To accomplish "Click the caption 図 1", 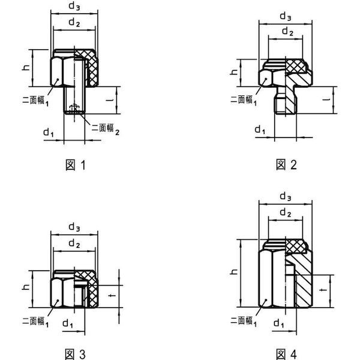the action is pyautogui.click(x=76, y=166).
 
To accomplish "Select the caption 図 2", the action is pyautogui.click(x=286, y=165).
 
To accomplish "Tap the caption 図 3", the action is pyautogui.click(x=76, y=354).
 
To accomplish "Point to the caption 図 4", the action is pyautogui.click(x=286, y=354).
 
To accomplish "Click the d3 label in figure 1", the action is pyautogui.click(x=74, y=6).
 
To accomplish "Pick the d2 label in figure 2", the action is pyautogui.click(x=287, y=31).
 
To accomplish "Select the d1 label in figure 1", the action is pyautogui.click(x=49, y=133).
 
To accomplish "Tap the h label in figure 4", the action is pyautogui.click(x=234, y=272).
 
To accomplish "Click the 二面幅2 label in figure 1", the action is pyautogui.click(x=106, y=129).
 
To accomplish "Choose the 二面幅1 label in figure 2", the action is pyautogui.click(x=244, y=100).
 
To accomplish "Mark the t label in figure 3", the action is pyautogui.click(x=112, y=295).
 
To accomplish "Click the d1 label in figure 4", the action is pyautogui.click(x=279, y=324).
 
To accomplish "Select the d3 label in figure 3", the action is pyautogui.click(x=74, y=227).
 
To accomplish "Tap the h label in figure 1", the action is pyautogui.click(x=26, y=67).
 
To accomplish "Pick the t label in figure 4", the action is pyautogui.click(x=323, y=290).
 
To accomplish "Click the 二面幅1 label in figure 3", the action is pyautogui.click(x=35, y=322).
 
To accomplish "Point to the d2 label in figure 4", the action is pyautogui.click(x=286, y=212).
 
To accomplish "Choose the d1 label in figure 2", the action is pyautogui.click(x=260, y=130).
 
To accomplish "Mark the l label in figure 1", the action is pyautogui.click(x=110, y=100).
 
